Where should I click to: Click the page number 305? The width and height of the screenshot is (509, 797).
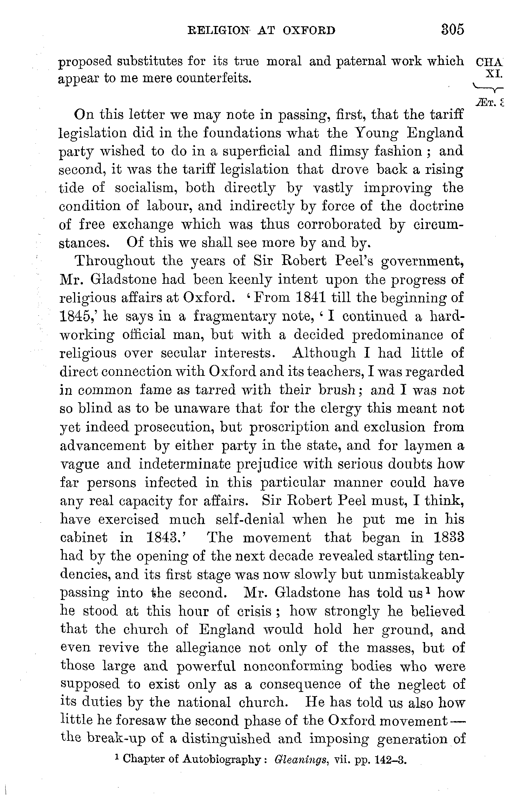[x=452, y=30]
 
